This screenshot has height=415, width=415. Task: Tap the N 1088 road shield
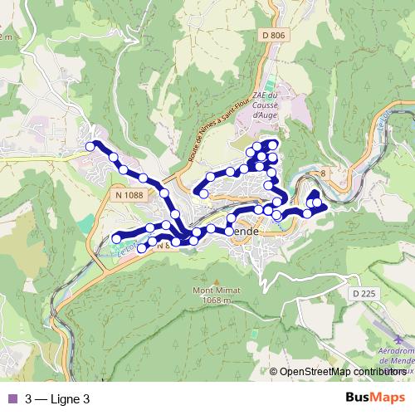click(125, 194)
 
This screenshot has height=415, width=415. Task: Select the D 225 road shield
click(364, 294)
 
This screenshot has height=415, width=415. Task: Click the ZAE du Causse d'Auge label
click(268, 106)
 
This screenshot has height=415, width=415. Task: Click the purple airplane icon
click(400, 340)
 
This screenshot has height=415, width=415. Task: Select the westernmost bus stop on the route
click(90, 147)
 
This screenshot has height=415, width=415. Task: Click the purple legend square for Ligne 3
click(11, 398)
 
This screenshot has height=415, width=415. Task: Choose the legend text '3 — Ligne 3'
click(56, 398)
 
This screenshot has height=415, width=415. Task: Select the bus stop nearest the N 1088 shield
click(143, 178)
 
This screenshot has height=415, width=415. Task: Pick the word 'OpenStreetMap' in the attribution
click(315, 372)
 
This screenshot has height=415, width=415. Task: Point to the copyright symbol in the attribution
click(273, 372)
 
